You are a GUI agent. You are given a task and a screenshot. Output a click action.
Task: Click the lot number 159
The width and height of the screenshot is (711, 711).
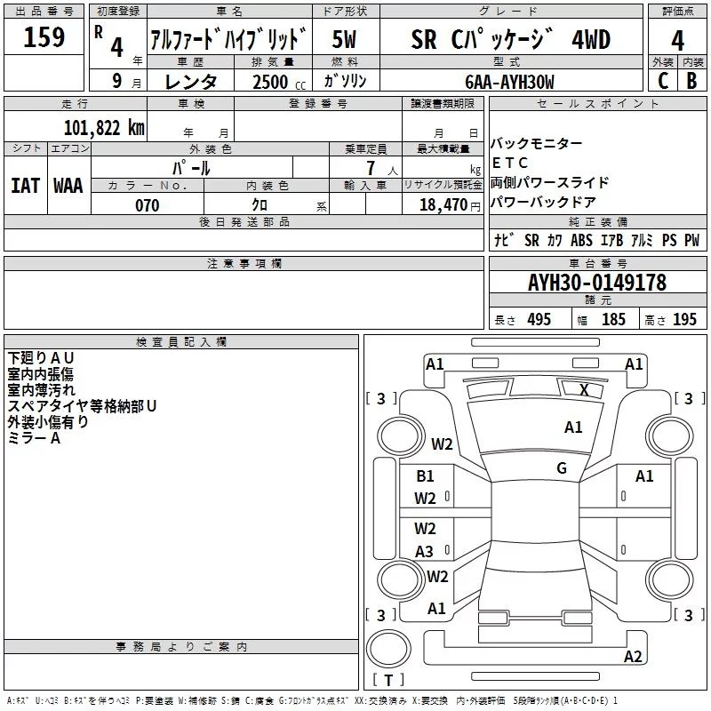(44, 38)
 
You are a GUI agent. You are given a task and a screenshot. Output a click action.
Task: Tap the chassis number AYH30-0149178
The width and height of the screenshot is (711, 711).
(596, 284)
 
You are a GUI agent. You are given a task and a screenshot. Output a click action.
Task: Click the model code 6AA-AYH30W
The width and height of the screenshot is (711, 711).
(510, 81)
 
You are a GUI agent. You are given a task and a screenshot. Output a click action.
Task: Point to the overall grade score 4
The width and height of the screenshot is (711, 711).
(677, 40)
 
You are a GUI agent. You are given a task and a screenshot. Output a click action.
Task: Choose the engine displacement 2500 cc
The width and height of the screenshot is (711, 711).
(276, 82)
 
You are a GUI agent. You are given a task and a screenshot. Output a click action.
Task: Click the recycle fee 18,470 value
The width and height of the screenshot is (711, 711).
(442, 205)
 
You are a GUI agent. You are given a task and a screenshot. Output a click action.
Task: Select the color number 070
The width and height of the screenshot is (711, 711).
(148, 205)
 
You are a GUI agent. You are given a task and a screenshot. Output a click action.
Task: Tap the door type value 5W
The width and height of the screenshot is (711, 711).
(346, 40)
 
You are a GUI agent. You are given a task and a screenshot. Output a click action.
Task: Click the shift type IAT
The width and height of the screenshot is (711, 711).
(25, 185)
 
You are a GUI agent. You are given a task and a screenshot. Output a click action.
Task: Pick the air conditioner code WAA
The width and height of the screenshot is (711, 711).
(68, 185)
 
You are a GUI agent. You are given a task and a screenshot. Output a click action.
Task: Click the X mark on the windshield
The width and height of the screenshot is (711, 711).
(584, 389)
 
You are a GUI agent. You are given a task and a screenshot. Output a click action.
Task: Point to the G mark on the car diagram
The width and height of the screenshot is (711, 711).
(562, 468)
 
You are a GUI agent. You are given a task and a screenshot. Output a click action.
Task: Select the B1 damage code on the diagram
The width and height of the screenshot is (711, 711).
(426, 476)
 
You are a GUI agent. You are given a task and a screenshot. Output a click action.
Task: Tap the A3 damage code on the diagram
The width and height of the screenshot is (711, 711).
(425, 552)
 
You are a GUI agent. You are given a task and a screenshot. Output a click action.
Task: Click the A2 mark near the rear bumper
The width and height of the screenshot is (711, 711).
(633, 657)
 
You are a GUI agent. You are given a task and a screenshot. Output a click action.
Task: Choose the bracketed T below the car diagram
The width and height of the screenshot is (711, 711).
(387, 681)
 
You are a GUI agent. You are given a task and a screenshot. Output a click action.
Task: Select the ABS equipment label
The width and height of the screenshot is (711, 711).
(581, 241)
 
